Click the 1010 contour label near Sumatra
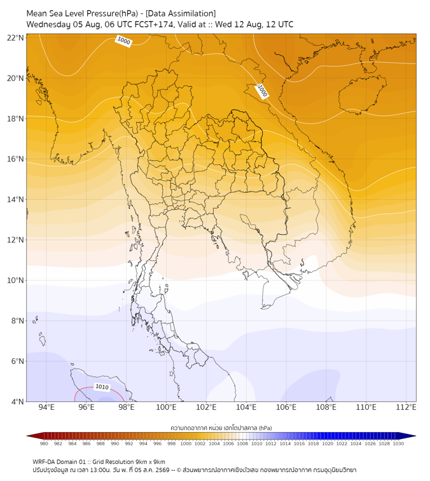pyautogui.click(x=102, y=387)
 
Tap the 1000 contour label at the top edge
pyautogui.click(x=123, y=41)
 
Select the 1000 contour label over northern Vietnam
pyautogui.click(x=262, y=91)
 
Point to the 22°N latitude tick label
pyautogui.click(x=15, y=38)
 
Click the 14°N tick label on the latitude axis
pyautogui.click(x=15, y=199)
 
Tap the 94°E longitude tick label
pyautogui.click(x=46, y=407)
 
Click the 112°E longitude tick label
pyautogui.click(x=406, y=407)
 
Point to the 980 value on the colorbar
pyautogui.click(x=44, y=443)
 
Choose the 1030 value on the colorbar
pyautogui.click(x=398, y=443)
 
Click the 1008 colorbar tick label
pyautogui.click(x=242, y=443)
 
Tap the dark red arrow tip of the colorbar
pyautogui.click(x=27, y=436)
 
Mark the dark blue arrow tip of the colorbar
pyautogui.click(x=415, y=436)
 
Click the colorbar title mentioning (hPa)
pyautogui.click(x=221, y=428)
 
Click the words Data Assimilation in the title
pyautogui.click(x=181, y=13)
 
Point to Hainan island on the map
pyautogui.click(x=362, y=94)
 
